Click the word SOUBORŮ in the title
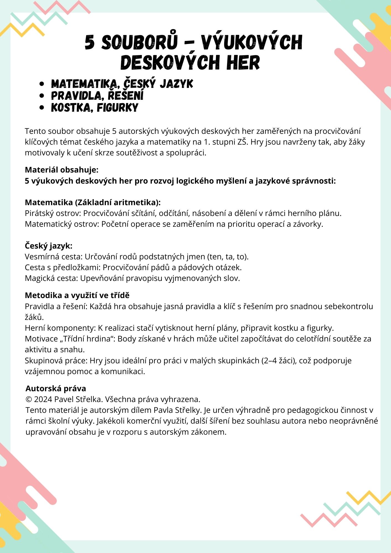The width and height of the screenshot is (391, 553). click(x=139, y=43)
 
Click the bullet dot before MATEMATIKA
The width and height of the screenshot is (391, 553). click(x=42, y=84)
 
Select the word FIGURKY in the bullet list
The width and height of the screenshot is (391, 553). click(x=118, y=108)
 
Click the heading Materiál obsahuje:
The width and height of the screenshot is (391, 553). click(x=62, y=170)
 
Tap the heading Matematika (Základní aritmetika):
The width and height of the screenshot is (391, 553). click(x=93, y=202)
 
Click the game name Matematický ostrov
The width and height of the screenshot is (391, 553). click(x=62, y=224)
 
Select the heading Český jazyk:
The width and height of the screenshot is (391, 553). click(x=49, y=246)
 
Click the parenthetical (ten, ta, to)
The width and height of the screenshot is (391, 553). click(x=228, y=257)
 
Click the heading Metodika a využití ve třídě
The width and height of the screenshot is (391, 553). click(x=77, y=295)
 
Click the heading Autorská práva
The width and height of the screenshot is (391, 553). click(x=56, y=388)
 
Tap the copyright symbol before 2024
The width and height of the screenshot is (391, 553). click(x=29, y=400)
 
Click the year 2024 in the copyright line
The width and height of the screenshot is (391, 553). click(x=43, y=400)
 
